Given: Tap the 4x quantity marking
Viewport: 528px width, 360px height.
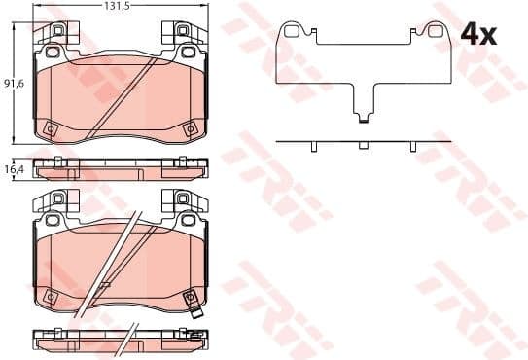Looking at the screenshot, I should pos(477,36).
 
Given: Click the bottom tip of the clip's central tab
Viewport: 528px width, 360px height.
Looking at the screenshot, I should pos(362,121).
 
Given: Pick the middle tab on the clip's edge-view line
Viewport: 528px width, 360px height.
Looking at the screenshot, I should pos(362,146).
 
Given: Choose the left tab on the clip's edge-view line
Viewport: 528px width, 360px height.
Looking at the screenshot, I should pos(313,146).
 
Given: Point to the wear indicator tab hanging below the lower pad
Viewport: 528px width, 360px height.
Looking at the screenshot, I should pos(196,313).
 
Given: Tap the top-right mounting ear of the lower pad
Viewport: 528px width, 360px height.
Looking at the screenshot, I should pos(185,201).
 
